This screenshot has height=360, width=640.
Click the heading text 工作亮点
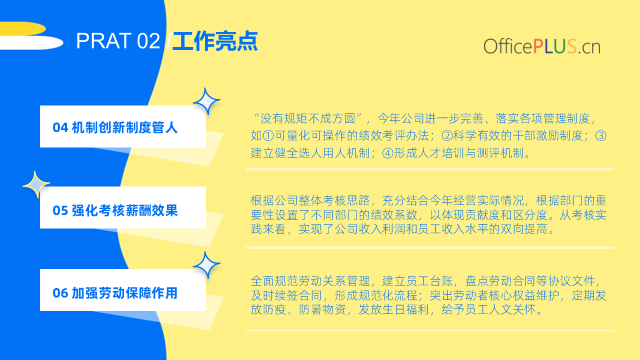point(215,41)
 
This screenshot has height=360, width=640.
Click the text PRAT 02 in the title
point(118,41)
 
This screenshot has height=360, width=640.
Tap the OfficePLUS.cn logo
point(541,46)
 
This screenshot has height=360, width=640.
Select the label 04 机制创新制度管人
point(115,127)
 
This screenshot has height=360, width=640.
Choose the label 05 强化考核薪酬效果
point(115,210)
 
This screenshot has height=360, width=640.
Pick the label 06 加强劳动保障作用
point(115,293)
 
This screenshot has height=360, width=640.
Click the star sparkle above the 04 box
point(206,101)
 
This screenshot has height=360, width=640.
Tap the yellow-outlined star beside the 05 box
point(36,184)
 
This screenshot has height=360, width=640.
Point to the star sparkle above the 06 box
point(206,265)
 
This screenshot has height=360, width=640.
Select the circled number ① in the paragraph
point(268,136)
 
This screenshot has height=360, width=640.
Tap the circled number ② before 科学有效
point(447,136)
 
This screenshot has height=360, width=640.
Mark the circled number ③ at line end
point(601,136)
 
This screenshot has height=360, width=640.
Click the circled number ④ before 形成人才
point(387,153)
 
